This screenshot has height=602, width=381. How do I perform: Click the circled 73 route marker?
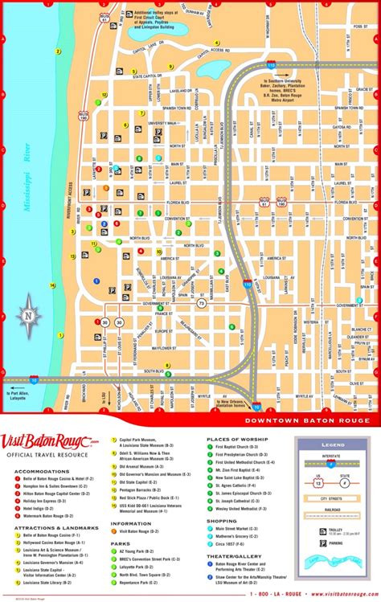(x=202, y=304)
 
